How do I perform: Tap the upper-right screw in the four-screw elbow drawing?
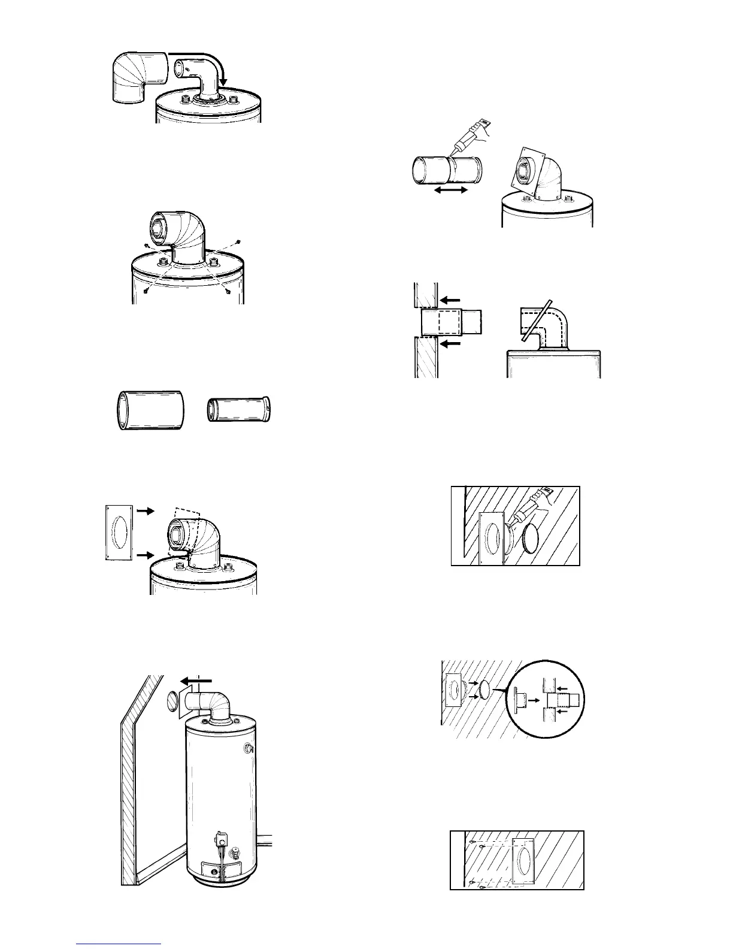[238, 241]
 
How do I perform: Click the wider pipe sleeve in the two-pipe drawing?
[149, 410]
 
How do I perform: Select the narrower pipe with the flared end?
[239, 410]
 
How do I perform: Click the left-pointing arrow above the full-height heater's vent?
[197, 680]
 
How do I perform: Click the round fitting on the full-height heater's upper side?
[248, 748]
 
